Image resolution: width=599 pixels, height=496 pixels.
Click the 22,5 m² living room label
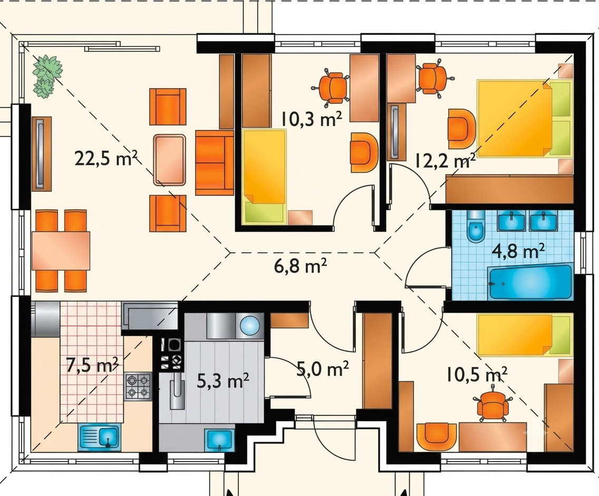click(106, 158)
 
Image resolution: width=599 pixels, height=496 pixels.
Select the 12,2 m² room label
click(445, 161)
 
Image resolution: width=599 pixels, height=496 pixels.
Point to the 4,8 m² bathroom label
click(518, 251)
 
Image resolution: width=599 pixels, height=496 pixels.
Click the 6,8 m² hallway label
click(300, 266)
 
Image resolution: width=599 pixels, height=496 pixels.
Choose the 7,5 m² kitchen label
click(92, 365)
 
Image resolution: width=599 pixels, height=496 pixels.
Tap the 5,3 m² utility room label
click(223, 381)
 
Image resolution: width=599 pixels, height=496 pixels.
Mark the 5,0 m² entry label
click(323, 369)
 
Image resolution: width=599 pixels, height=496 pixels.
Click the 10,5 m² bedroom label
click(477, 375)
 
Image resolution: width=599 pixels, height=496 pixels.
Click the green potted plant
click(46, 75)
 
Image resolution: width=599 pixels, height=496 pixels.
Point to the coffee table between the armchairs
click(170, 160)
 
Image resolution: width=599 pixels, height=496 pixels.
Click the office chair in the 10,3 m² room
click(333, 87)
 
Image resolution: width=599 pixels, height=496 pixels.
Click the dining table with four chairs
click(61, 250)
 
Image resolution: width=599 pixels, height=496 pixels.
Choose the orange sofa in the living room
click(214, 163)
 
